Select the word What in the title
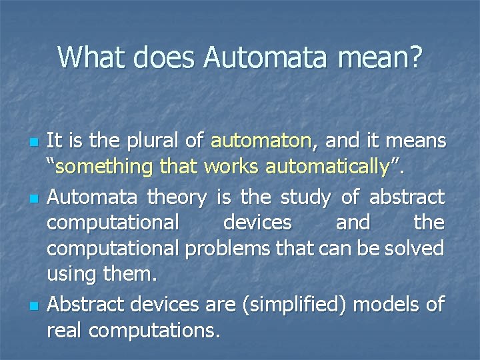coord(93,57)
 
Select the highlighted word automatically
coord(326,167)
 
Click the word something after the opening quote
coord(104,167)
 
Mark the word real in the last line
coord(65,330)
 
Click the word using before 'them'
coord(70,275)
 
